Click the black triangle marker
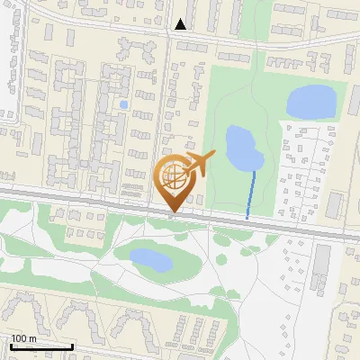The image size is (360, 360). (x=181, y=24)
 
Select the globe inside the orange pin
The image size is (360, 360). (x=174, y=178)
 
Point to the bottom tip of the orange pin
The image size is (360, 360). (x=174, y=212)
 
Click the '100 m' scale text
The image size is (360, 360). (x=23, y=338)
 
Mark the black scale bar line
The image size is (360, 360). (x=41, y=346)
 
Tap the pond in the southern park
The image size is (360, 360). (x=149, y=260)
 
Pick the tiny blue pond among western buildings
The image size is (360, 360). (x=123, y=104)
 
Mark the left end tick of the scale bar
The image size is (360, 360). (x=12, y=345)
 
